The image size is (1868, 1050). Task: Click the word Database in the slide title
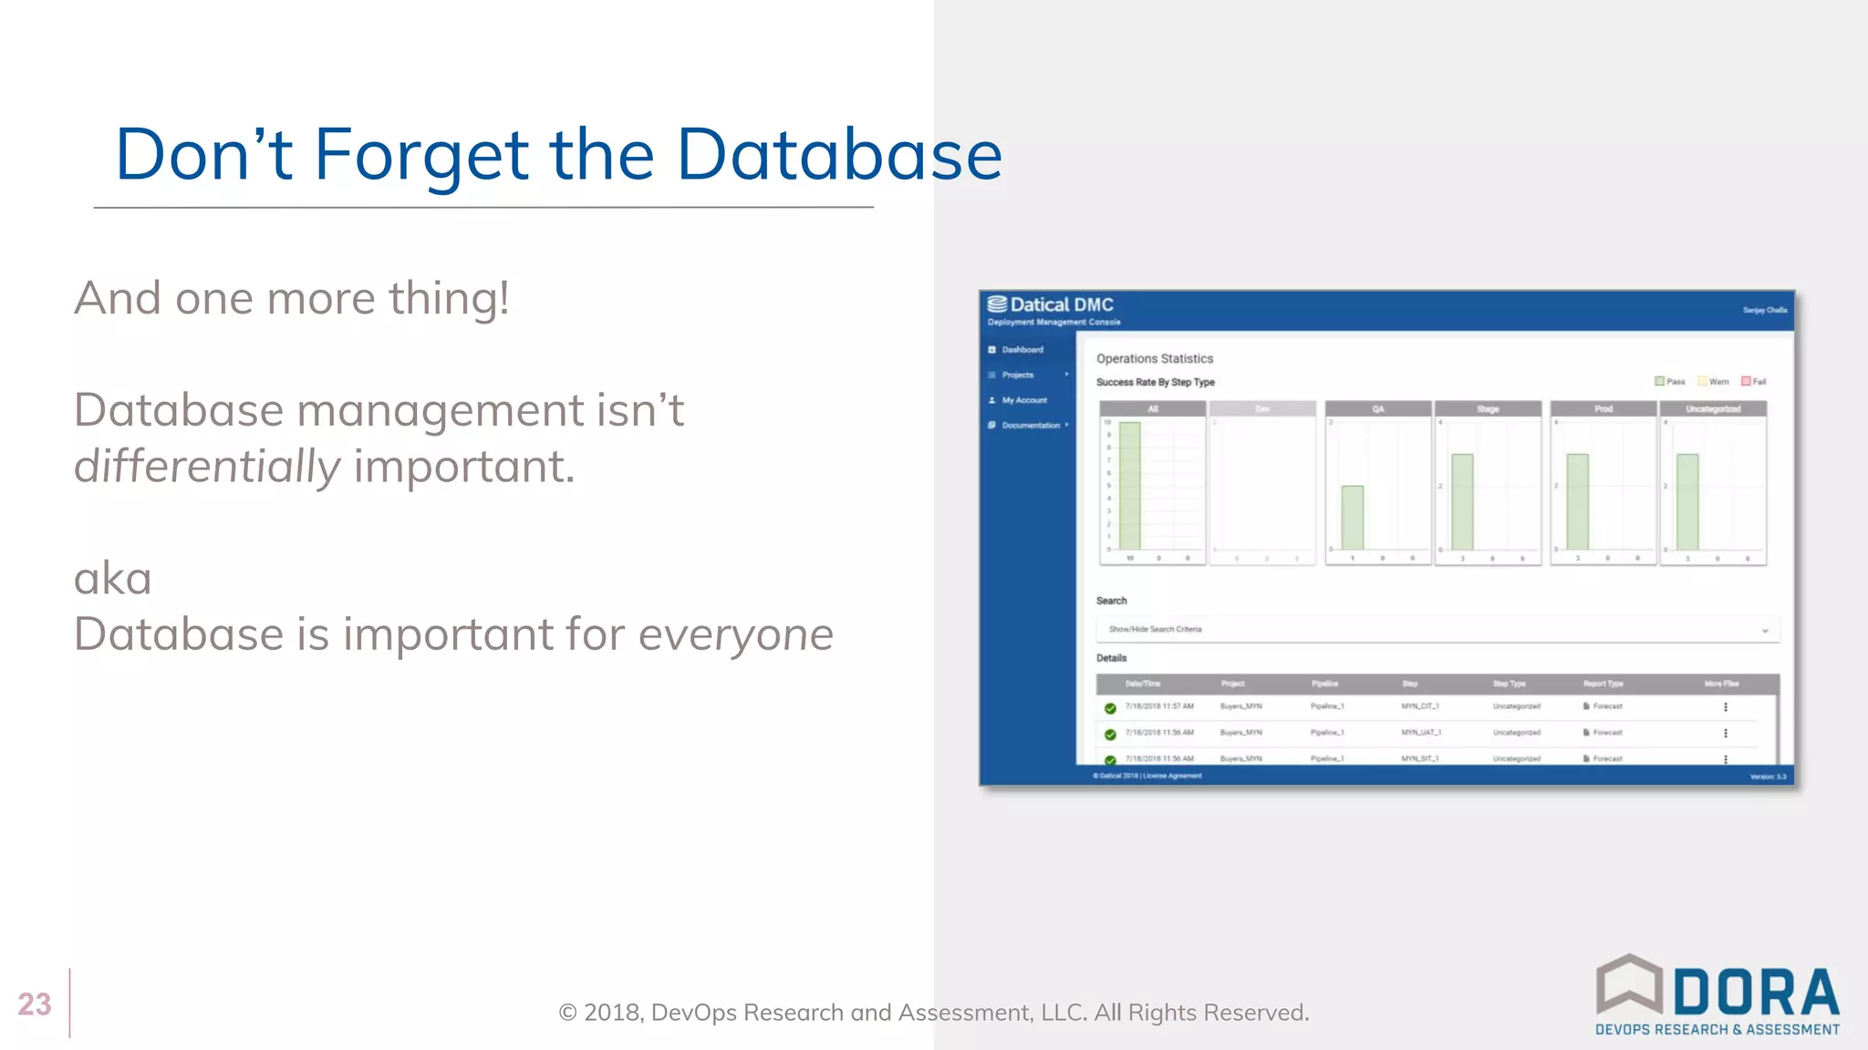click(x=839, y=155)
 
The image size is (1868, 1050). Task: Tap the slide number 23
click(x=35, y=1004)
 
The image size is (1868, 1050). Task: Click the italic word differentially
click(x=207, y=467)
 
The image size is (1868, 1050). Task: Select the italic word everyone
click(x=735, y=634)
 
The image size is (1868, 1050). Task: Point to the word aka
click(x=112, y=579)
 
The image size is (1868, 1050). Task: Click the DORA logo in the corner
click(x=1717, y=995)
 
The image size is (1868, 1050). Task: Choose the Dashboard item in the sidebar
click(x=1022, y=350)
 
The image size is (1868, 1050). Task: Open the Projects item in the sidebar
click(x=1017, y=376)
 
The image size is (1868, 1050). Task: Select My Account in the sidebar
click(x=1023, y=400)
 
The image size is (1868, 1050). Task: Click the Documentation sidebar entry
click(x=1030, y=426)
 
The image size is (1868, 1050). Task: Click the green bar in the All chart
click(x=1130, y=485)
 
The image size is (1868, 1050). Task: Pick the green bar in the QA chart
click(x=1352, y=517)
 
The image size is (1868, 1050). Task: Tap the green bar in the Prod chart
click(x=1577, y=500)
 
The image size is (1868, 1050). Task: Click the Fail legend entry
click(x=1753, y=382)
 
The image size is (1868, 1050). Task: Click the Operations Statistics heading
click(x=1155, y=359)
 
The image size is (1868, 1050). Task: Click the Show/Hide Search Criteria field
click(x=1437, y=630)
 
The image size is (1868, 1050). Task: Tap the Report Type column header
click(x=1603, y=684)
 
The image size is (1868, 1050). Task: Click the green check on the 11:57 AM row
click(x=1110, y=708)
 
